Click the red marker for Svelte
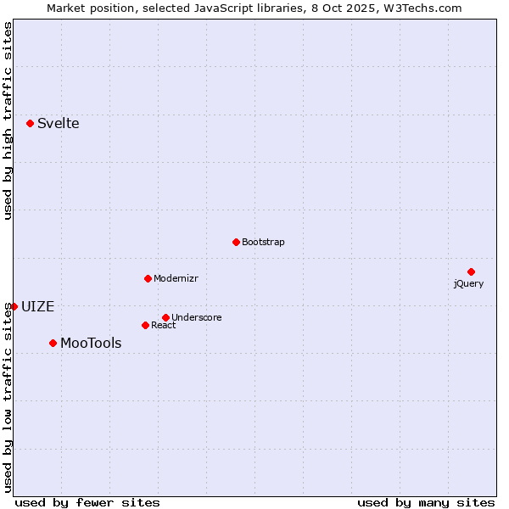coord(31,123)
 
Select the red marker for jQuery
coord(471,271)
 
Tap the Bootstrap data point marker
coord(236,242)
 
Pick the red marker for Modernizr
coord(148,278)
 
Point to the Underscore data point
coord(165,317)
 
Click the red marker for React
coord(145,325)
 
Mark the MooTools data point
coord(53,343)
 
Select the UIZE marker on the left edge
coord(14,306)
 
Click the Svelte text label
coord(58,124)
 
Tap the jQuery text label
coord(468,283)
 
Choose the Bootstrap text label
coord(263,242)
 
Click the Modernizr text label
coord(176,278)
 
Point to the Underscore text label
coord(196,317)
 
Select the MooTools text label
coord(91,344)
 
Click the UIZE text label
coord(37,307)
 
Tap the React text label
coord(163,325)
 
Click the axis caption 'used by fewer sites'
coord(87,502)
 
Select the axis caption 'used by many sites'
coord(426,502)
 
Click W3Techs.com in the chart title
coord(422,8)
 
